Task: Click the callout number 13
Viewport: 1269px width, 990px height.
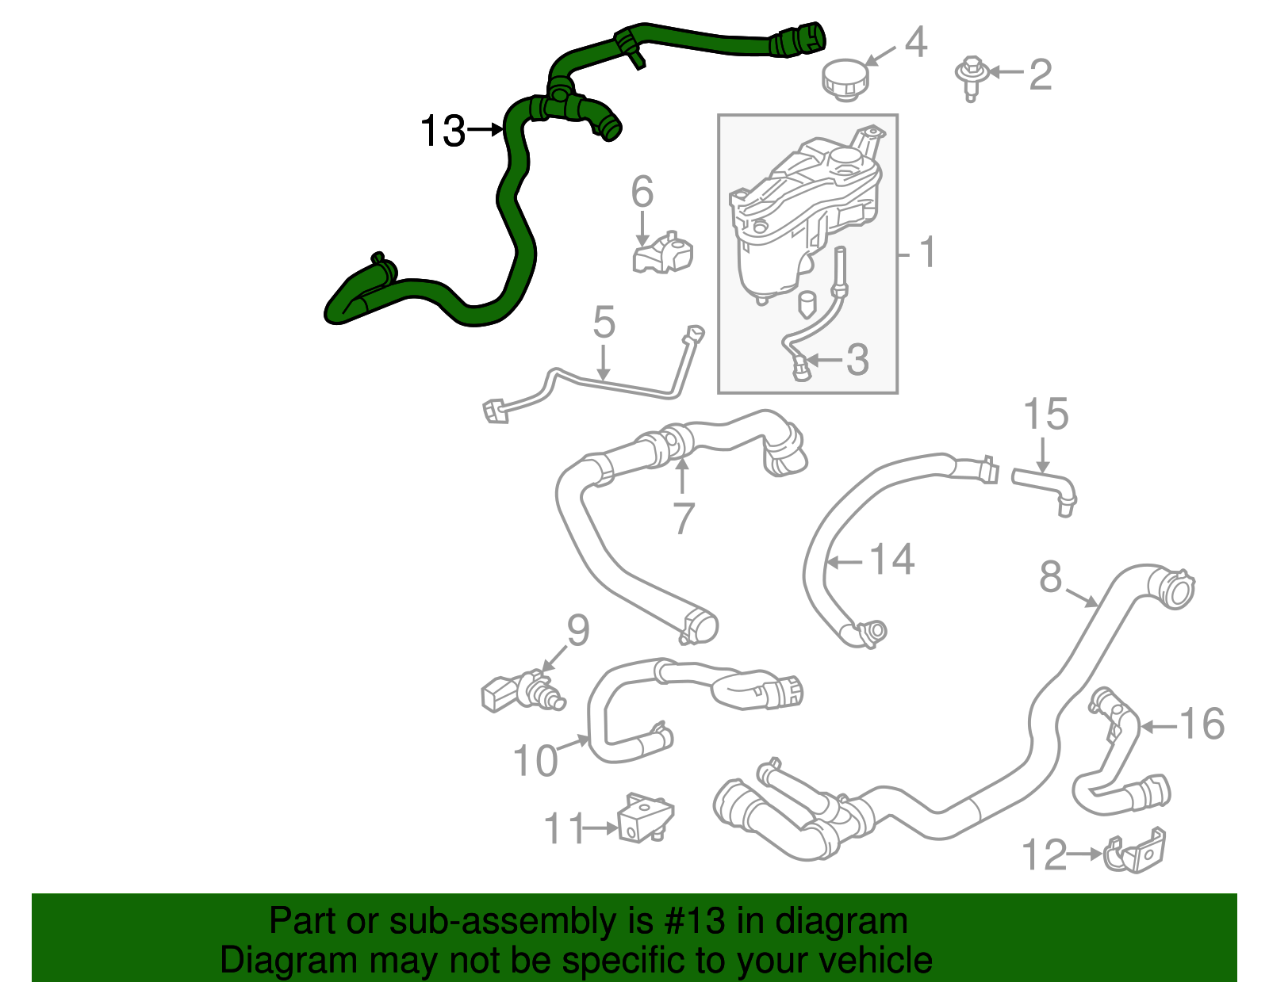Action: point(443,131)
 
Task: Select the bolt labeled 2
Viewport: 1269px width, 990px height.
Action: point(969,75)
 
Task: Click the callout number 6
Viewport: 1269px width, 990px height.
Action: point(642,192)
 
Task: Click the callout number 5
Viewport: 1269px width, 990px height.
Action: point(604,323)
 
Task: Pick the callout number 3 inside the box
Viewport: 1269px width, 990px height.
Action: point(857,360)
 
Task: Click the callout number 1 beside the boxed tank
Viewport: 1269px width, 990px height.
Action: point(927,253)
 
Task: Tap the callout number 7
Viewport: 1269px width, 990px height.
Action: point(683,518)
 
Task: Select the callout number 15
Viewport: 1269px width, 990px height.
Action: point(1045,415)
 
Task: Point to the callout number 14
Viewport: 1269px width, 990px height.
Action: point(892,560)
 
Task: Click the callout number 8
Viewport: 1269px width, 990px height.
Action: point(1050,577)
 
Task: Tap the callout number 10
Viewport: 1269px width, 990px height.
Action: point(535,761)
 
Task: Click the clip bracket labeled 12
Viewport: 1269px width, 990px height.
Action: point(1136,852)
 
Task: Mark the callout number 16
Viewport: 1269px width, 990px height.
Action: point(1202,724)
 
